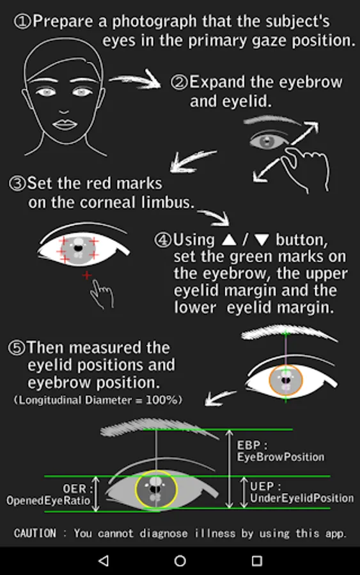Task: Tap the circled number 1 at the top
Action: [22, 22]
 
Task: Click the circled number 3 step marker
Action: [17, 183]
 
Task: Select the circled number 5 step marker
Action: [17, 348]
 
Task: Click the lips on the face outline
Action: [65, 125]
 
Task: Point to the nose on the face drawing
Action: [64, 111]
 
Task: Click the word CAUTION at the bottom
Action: [35, 533]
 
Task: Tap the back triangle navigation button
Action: [104, 560]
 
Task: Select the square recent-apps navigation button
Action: [257, 561]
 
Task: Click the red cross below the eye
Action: [86, 275]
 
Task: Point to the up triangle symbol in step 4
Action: [229, 240]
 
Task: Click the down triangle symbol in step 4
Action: [262, 240]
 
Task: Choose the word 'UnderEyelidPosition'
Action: [302, 498]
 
